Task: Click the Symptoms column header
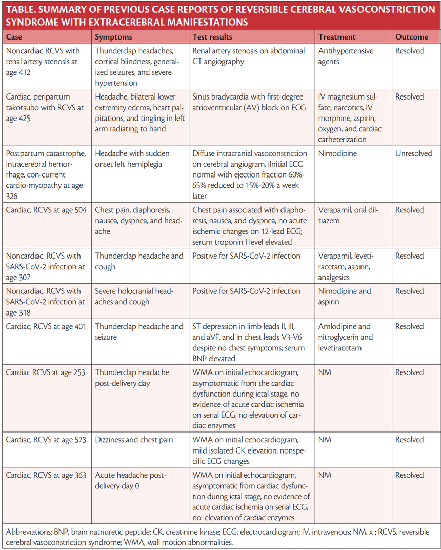click(113, 37)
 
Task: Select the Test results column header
click(212, 37)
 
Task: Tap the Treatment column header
click(337, 37)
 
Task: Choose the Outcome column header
click(411, 37)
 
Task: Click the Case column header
click(14, 37)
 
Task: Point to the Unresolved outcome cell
click(413, 153)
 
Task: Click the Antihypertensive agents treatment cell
click(346, 56)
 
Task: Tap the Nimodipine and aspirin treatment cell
click(344, 297)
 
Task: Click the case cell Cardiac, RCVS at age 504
click(46, 210)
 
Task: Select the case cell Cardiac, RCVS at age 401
click(46, 326)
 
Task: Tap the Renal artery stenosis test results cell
click(248, 56)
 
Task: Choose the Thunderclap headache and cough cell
click(139, 261)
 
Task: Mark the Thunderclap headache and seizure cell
click(139, 331)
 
